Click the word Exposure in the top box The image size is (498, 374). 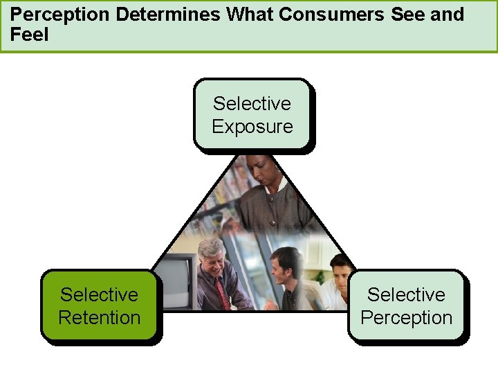[252, 127]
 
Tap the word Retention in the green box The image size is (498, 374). [100, 318]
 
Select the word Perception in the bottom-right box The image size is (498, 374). [407, 318]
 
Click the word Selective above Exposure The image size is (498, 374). [252, 104]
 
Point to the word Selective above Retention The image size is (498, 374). [100, 295]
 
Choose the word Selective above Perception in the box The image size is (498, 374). [407, 295]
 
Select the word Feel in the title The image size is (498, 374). [30, 35]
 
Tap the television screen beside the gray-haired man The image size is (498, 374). [176, 280]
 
